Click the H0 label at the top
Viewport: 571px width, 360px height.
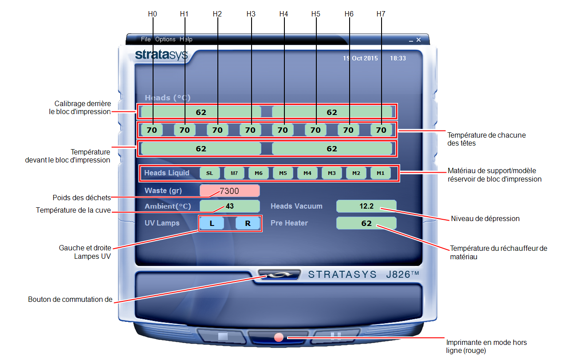[x=153, y=14]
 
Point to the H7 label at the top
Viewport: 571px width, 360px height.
[x=381, y=14]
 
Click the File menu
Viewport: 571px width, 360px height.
[x=146, y=39]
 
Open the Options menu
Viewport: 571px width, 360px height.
[x=165, y=39]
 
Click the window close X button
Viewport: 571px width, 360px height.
[x=418, y=40]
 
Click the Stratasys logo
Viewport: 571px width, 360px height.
[x=161, y=55]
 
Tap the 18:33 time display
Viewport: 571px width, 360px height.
[x=398, y=58]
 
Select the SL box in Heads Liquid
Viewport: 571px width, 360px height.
[x=209, y=173]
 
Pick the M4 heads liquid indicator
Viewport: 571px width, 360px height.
[x=307, y=173]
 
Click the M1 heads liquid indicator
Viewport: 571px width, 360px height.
[x=380, y=173]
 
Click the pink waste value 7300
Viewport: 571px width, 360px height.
[x=230, y=191]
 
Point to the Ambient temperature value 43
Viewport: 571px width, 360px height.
[x=230, y=206]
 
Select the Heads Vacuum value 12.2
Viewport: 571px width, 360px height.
[x=366, y=206]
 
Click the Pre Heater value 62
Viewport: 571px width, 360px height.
[x=366, y=223]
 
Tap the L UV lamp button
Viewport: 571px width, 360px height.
[x=212, y=223]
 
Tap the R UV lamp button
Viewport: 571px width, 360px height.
[x=248, y=223]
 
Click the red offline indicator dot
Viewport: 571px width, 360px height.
[x=279, y=337]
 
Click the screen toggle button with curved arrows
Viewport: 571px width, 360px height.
[x=280, y=275]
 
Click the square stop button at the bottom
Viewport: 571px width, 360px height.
[x=223, y=336]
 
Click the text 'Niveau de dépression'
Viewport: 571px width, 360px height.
[x=485, y=218]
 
